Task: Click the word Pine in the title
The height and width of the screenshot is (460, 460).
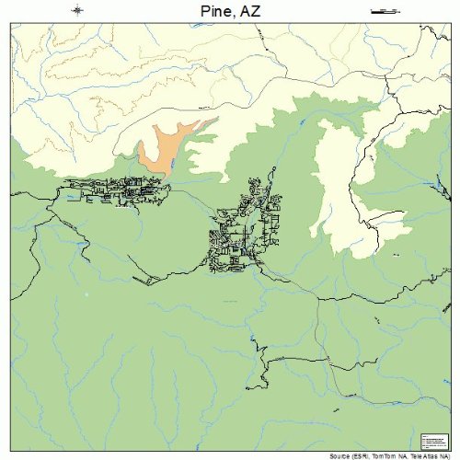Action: pos(213,11)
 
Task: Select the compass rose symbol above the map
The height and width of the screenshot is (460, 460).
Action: pos(77,10)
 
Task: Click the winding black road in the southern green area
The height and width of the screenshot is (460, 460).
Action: pos(267,368)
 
